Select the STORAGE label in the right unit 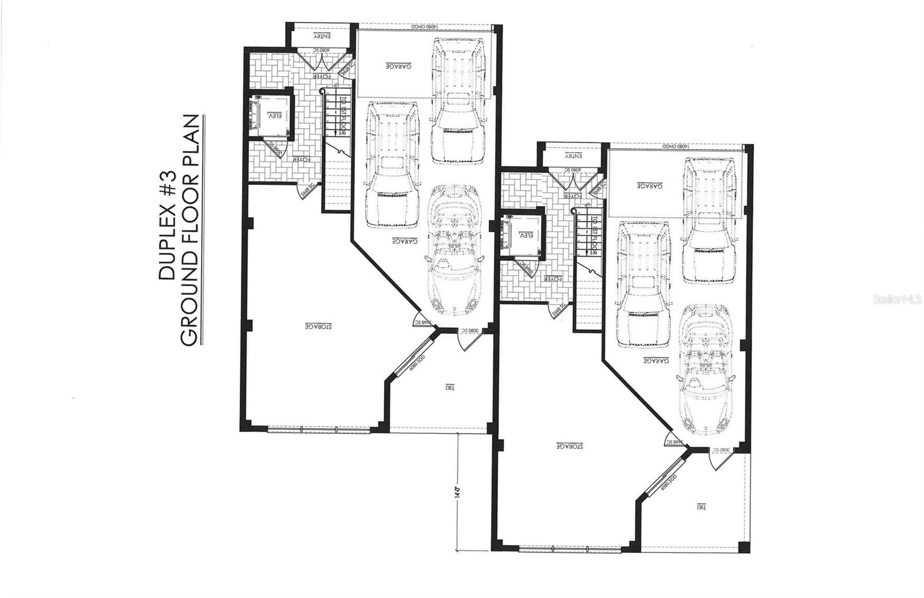[570, 446]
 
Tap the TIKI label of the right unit [701, 507]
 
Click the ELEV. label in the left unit [274, 116]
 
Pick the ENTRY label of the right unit [572, 157]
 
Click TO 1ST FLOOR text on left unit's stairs [342, 116]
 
